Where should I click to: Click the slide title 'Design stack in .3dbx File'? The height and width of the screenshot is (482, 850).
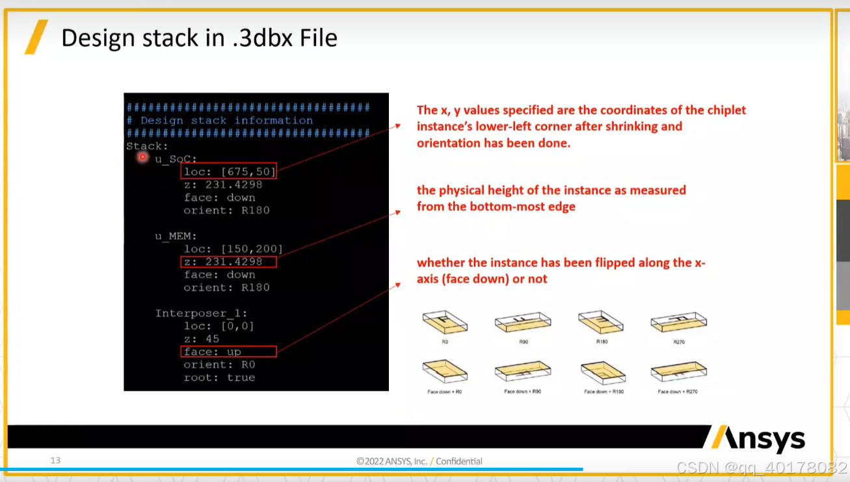coord(199,38)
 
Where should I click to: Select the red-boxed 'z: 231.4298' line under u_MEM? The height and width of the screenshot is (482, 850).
coord(228,262)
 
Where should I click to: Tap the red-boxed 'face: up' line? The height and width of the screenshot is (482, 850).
coord(228,351)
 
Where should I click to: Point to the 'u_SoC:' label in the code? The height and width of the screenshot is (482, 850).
coord(176,159)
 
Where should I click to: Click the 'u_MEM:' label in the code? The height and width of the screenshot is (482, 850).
coord(176,236)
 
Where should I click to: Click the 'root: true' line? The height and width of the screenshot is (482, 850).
coord(219,377)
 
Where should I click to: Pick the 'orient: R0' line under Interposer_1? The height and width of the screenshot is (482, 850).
coord(219,364)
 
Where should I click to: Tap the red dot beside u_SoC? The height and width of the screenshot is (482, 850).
coord(142,157)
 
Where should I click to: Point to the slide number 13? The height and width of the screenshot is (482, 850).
coord(55,461)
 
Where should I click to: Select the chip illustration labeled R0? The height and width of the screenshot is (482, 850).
coord(445,322)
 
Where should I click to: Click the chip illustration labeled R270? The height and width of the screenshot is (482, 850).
coord(679,322)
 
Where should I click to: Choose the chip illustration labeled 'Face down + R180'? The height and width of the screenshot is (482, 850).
coord(603,372)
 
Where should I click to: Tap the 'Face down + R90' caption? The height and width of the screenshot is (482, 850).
coord(524,392)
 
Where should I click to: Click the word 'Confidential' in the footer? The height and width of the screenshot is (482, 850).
coord(459,461)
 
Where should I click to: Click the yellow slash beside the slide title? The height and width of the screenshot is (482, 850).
coord(36,37)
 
